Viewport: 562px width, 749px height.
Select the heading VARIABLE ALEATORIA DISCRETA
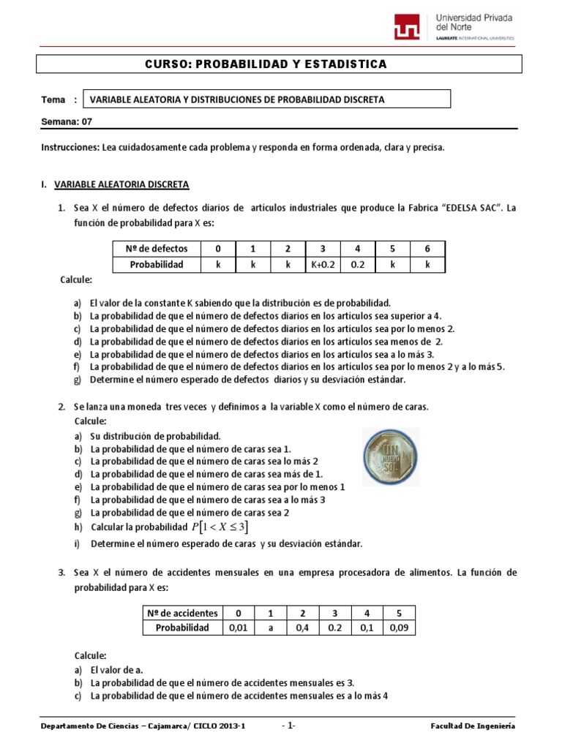pyautogui.click(x=121, y=184)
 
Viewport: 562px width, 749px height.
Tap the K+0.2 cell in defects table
pyautogui.click(x=321, y=264)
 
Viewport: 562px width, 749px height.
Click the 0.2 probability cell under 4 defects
pyautogui.click(x=357, y=264)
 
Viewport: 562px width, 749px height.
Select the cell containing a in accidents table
pyautogui.click(x=269, y=627)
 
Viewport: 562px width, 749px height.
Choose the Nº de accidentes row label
pyautogui.click(x=179, y=612)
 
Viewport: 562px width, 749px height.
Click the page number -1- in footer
pyautogui.click(x=288, y=726)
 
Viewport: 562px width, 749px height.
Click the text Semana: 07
pyautogui.click(x=67, y=122)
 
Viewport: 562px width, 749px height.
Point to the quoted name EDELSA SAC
pyautogui.click(x=471, y=208)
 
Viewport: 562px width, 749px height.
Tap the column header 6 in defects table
pyautogui.click(x=428, y=249)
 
